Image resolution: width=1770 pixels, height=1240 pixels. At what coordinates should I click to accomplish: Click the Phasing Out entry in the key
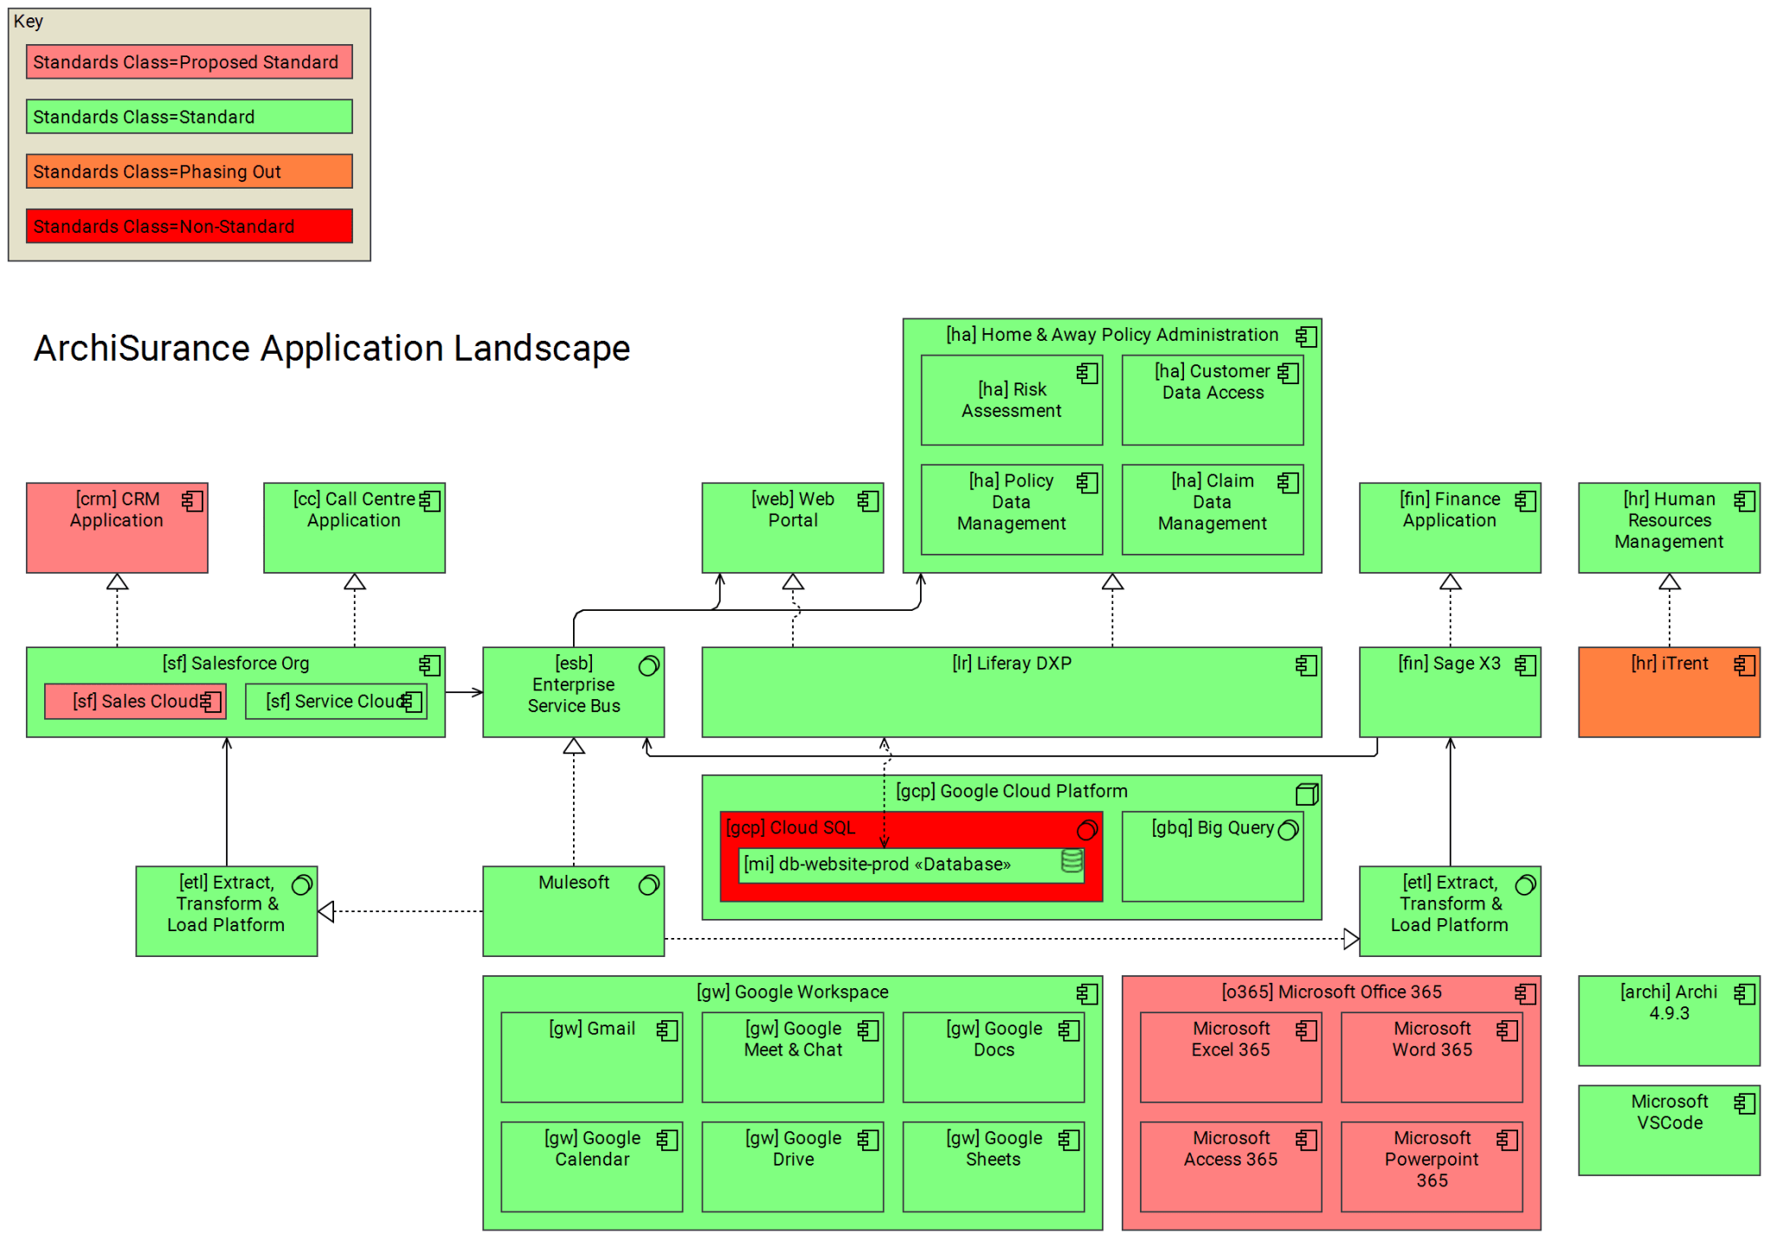(x=189, y=170)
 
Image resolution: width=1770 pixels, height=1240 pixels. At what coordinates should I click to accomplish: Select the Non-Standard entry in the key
(x=189, y=226)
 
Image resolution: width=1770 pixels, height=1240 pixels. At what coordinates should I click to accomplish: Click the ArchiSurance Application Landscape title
(x=331, y=348)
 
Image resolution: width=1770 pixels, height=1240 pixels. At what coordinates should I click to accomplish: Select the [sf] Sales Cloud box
(x=135, y=701)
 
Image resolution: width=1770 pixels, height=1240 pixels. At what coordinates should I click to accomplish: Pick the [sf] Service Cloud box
(x=336, y=701)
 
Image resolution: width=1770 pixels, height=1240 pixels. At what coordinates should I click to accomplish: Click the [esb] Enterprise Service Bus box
(x=573, y=691)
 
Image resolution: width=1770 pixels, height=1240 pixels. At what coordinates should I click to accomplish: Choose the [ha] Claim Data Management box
(x=1212, y=510)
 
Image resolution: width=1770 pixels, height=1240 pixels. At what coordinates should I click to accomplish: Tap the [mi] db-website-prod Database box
(x=900, y=864)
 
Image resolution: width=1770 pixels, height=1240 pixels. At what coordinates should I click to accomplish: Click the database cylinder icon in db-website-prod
(x=1072, y=861)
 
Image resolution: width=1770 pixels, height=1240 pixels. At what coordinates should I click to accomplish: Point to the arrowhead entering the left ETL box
(x=326, y=911)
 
